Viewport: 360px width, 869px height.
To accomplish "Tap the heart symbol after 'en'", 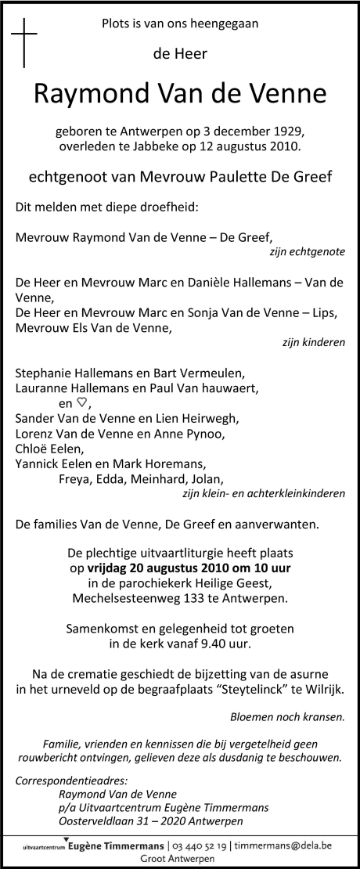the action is click(x=81, y=403).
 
